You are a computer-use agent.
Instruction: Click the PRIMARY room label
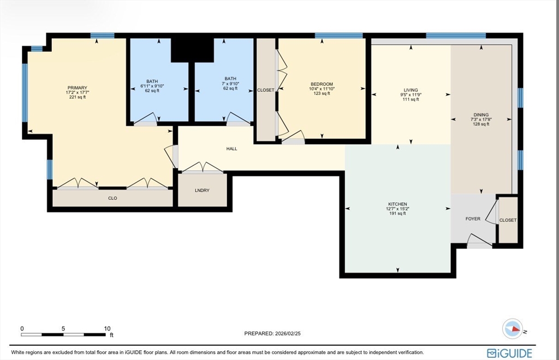point(78,88)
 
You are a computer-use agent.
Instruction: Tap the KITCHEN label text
point(397,204)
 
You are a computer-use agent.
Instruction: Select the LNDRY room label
point(202,191)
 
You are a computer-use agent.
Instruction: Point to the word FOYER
point(473,219)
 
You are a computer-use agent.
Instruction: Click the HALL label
point(231,149)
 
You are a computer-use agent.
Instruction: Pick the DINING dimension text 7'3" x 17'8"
point(481,120)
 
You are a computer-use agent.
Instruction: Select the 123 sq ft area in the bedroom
point(322,93)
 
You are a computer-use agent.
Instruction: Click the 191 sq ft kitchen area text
point(397,214)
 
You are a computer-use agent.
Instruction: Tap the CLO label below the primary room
point(112,198)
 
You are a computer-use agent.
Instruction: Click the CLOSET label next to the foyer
point(508,221)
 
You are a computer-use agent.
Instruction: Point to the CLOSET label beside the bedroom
point(266,90)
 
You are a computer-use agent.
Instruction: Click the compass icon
point(513,329)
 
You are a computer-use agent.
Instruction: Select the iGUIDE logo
point(509,353)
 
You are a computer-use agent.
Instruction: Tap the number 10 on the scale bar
point(108,329)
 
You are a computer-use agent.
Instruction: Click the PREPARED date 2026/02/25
point(288,334)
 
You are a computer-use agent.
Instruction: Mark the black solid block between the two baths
point(192,49)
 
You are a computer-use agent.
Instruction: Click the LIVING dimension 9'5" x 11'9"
point(411,95)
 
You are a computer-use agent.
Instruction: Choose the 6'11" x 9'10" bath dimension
point(152,86)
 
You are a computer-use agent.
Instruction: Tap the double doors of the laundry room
point(203,168)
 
